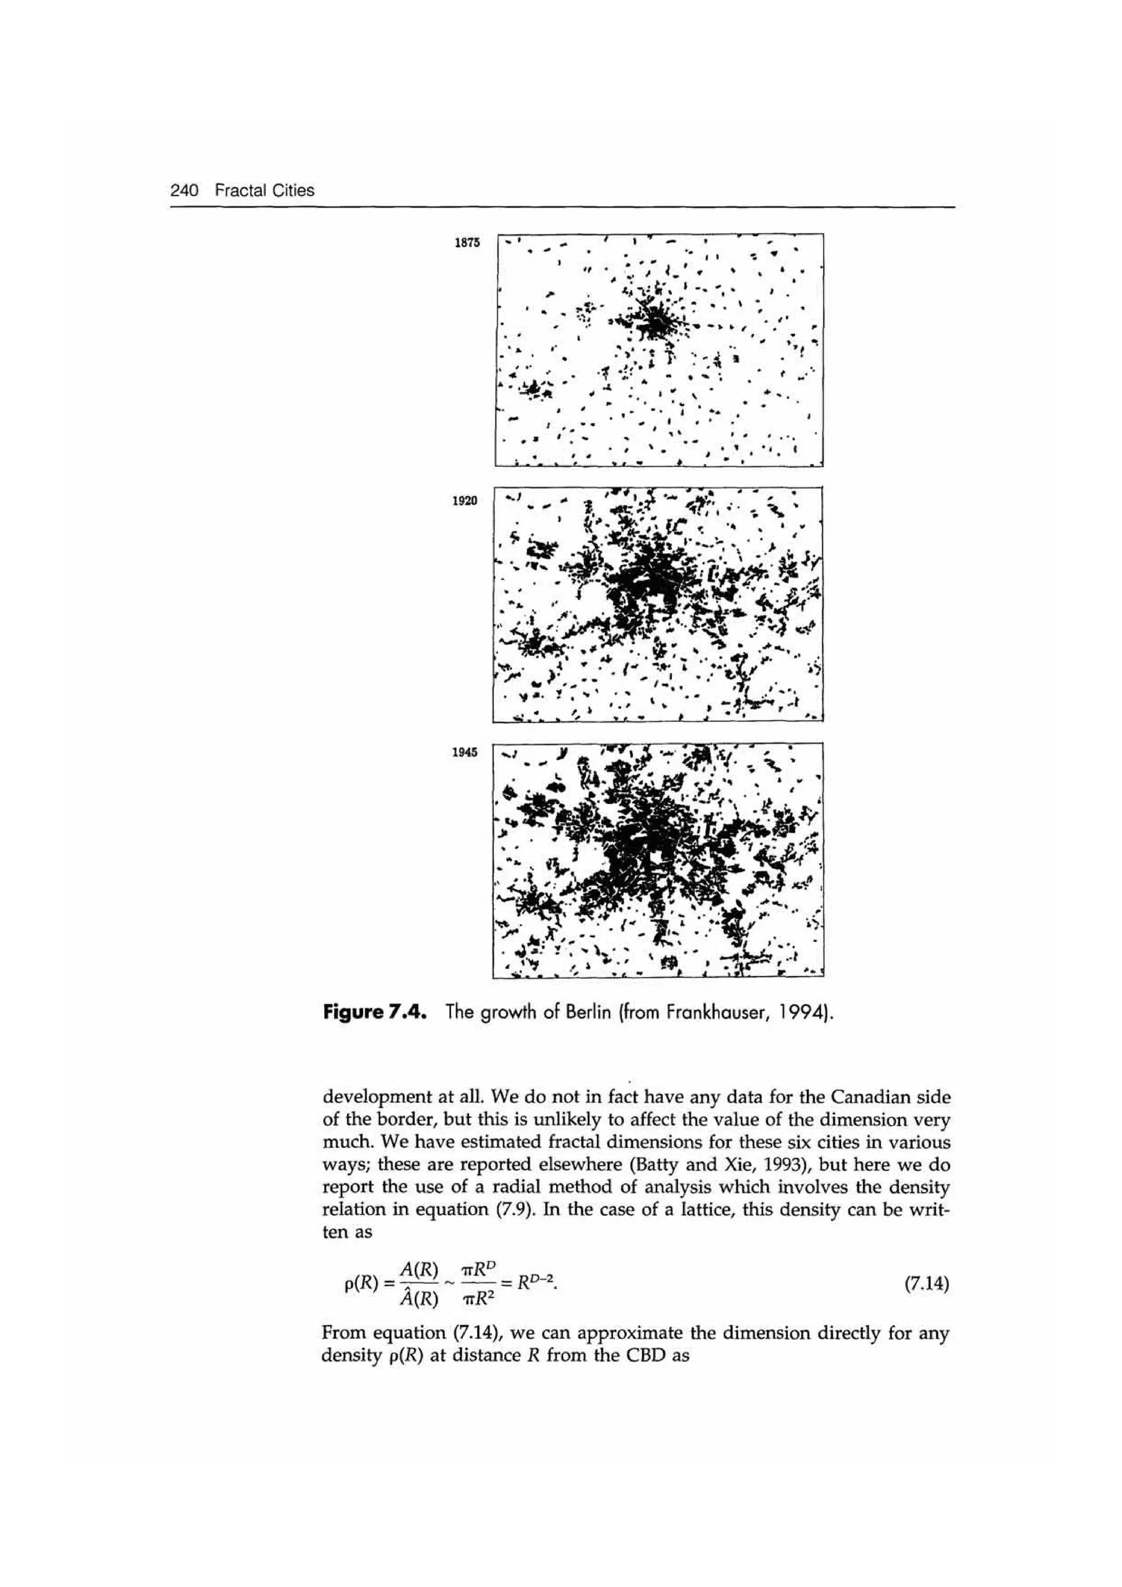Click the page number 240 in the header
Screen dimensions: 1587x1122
[x=185, y=190]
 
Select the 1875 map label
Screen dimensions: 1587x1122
[x=467, y=243]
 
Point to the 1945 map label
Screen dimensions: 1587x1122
[x=465, y=753]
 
